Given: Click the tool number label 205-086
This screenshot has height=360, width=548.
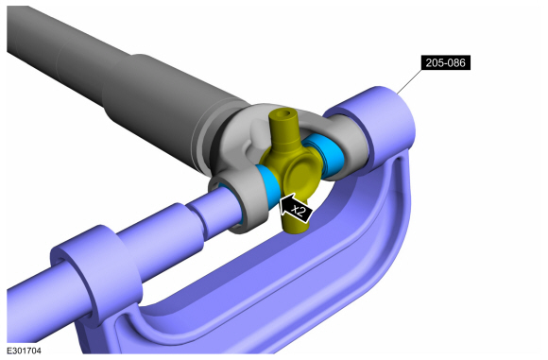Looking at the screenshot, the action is (445, 62).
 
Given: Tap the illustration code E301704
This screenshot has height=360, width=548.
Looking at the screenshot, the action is (24, 351).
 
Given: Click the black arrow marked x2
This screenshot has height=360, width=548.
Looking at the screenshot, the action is (296, 209).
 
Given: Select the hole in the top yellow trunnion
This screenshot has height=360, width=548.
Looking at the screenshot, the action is (286, 113).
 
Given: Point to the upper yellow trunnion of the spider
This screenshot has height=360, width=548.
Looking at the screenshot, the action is (283, 129).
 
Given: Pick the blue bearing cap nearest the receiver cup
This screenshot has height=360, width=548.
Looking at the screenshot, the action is (325, 153).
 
